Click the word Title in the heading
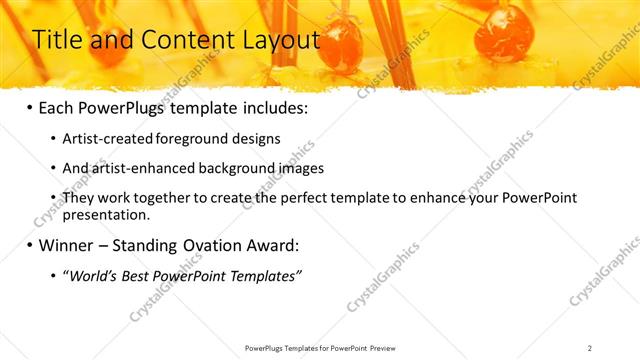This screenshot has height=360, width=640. point(57,40)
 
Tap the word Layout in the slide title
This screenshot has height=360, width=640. point(275,40)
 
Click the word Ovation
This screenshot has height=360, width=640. point(206,245)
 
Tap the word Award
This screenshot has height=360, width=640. point(272,245)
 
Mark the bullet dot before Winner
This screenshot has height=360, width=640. point(29,245)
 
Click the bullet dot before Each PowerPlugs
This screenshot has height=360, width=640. point(29,107)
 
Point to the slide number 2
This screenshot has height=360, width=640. point(590,348)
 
